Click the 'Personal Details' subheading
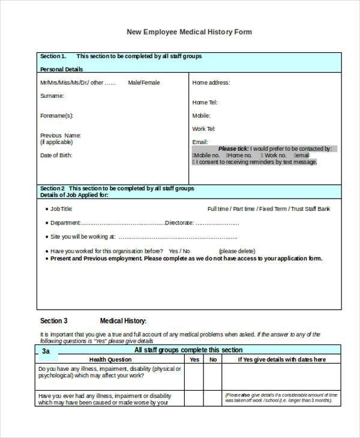[61, 70]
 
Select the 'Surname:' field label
[52, 96]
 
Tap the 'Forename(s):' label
[56, 115]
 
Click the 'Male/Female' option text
[144, 83]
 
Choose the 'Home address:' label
[211, 83]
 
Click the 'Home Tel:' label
[204, 103]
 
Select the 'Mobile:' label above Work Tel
[201, 115]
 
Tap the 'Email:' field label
[200, 142]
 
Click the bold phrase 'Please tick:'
[233, 148]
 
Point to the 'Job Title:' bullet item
[61, 209]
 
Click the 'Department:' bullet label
[65, 223]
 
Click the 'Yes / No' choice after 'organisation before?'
[179, 251]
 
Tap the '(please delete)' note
[239, 251]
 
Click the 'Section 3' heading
[54, 321]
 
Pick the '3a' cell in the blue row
[46, 350]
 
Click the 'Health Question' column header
[110, 359]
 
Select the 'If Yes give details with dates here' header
[281, 359]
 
